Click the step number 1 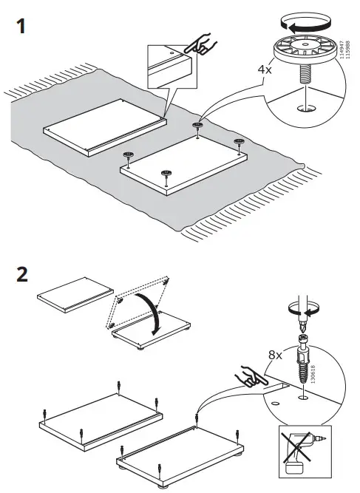[x=21, y=27]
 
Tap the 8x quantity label [x=275, y=355]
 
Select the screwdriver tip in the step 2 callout [x=301, y=320]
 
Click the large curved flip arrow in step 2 [x=152, y=314]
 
